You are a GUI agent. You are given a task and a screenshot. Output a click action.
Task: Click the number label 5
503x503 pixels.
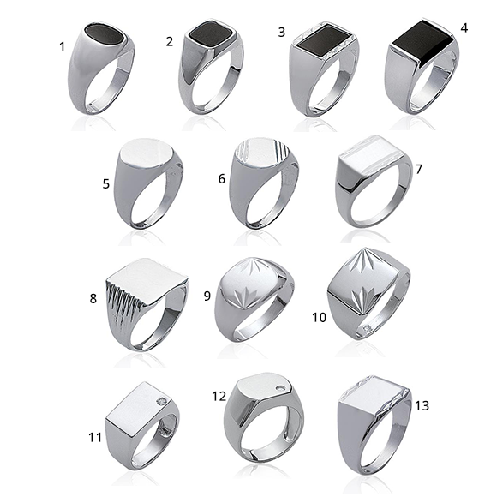[106, 184]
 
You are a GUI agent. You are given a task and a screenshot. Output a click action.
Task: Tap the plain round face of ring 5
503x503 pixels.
[146, 153]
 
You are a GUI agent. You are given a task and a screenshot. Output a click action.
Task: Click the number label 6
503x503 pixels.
[221, 179]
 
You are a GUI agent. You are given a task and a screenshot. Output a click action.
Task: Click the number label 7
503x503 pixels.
[418, 169]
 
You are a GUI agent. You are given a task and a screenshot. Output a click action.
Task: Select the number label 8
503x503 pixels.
[93, 298]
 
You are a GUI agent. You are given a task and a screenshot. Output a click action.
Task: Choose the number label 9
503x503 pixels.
[207, 296]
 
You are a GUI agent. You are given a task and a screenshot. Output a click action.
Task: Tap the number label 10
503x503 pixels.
[319, 317]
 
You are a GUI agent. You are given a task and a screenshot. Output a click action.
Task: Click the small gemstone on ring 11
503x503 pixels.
[162, 401]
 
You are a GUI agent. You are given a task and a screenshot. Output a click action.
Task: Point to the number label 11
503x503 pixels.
[95, 437]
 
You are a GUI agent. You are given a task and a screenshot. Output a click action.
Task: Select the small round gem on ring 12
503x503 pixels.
[281, 389]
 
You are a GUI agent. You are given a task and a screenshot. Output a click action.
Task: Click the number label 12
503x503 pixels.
[219, 396]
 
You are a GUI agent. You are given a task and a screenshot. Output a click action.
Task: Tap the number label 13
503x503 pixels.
[422, 405]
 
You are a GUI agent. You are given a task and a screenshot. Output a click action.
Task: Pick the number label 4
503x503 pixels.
[464, 28]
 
